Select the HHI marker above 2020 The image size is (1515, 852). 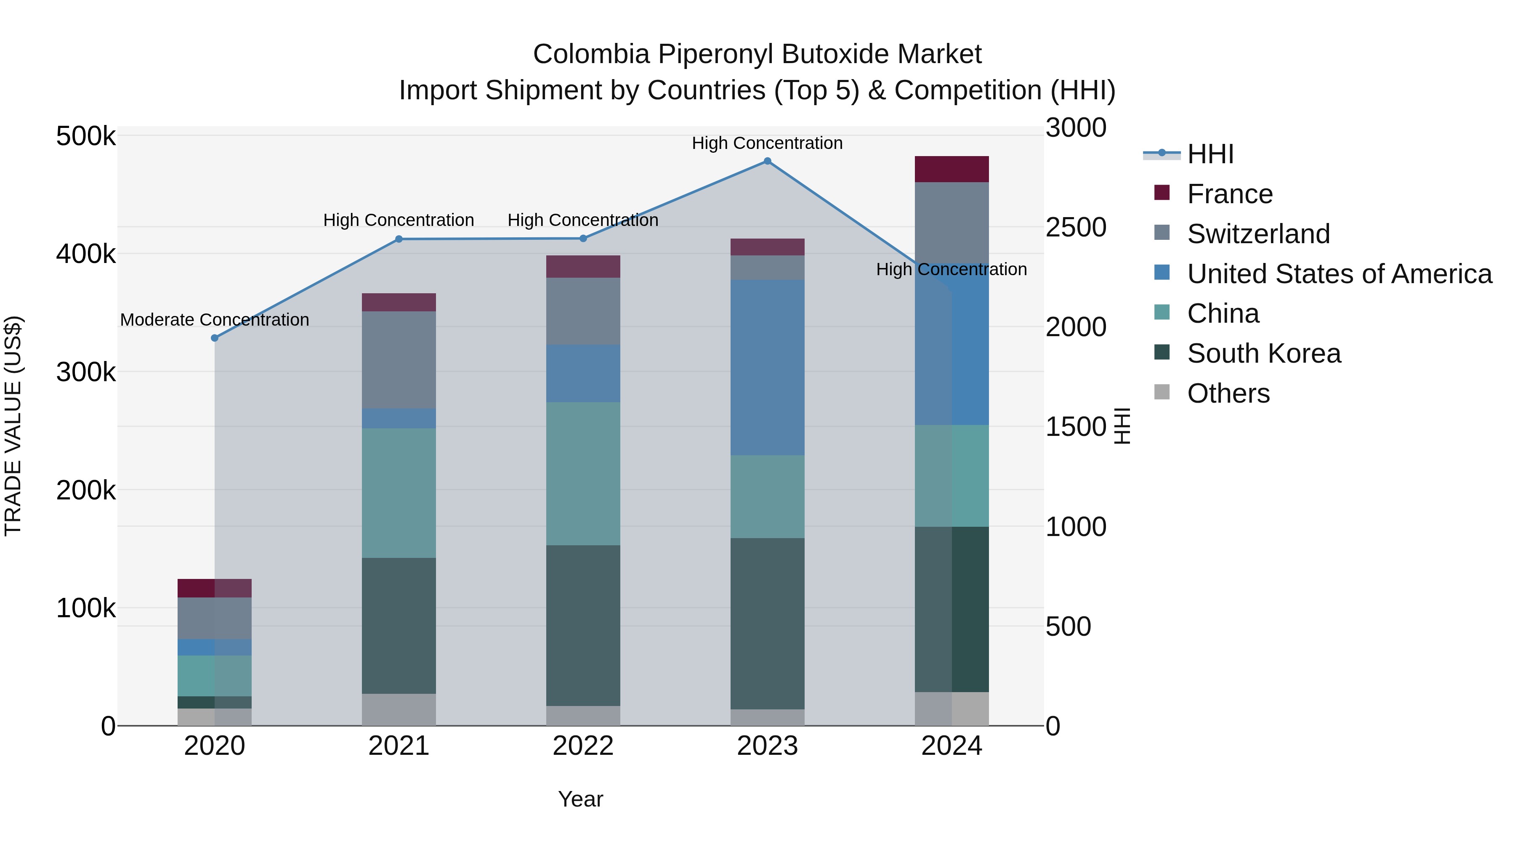click(x=215, y=338)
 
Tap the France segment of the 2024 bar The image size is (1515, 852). click(x=952, y=169)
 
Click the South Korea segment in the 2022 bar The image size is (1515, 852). click(x=583, y=625)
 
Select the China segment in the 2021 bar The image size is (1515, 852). click(x=399, y=493)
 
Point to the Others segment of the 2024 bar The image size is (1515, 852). click(x=952, y=709)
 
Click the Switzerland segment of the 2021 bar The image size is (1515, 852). click(x=399, y=360)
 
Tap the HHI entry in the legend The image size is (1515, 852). click(x=1210, y=154)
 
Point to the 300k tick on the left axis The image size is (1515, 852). click(x=86, y=372)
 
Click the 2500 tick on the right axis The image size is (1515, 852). click(x=1076, y=228)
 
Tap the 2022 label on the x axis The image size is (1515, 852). click(x=583, y=746)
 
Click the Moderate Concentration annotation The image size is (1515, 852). click(x=215, y=320)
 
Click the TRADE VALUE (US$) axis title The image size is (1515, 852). click(x=13, y=426)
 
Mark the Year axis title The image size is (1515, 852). click(x=580, y=799)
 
